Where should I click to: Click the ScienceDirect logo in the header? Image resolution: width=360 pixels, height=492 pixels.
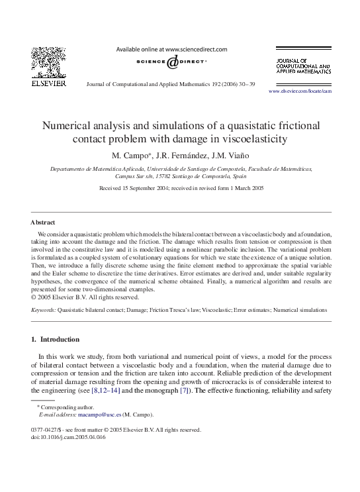(171, 62)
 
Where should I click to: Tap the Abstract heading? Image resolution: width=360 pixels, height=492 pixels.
(43, 222)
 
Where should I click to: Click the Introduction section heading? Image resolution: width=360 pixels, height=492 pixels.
(60, 340)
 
